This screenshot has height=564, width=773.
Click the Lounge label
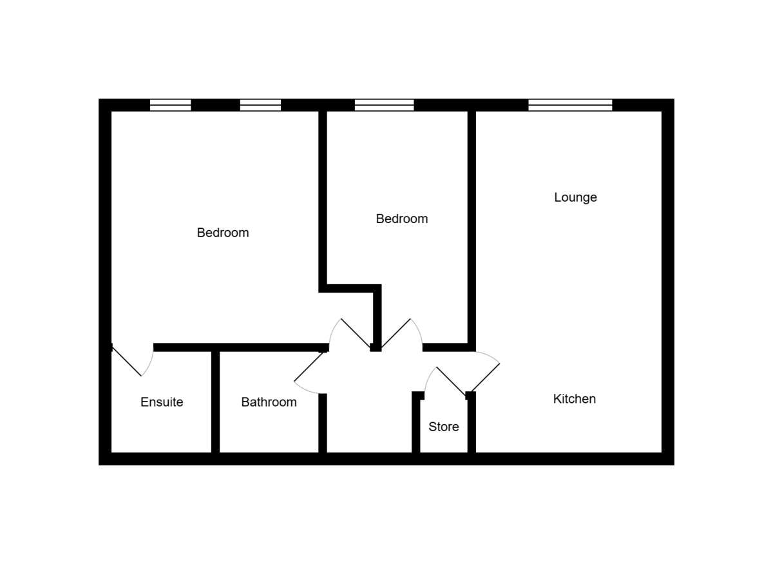click(575, 197)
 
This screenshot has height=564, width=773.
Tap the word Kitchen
click(574, 399)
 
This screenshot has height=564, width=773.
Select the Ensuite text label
click(162, 402)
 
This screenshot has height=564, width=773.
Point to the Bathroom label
click(269, 402)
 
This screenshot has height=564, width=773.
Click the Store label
click(443, 427)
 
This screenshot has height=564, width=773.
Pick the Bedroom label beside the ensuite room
click(222, 233)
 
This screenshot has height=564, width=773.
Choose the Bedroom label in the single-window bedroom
click(401, 219)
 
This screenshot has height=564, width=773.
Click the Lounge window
click(569, 105)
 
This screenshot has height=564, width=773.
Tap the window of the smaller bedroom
click(384, 105)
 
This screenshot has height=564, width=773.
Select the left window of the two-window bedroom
click(170, 105)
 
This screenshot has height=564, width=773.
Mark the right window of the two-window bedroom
click(260, 105)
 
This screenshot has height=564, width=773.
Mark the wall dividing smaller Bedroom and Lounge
click(472, 226)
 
